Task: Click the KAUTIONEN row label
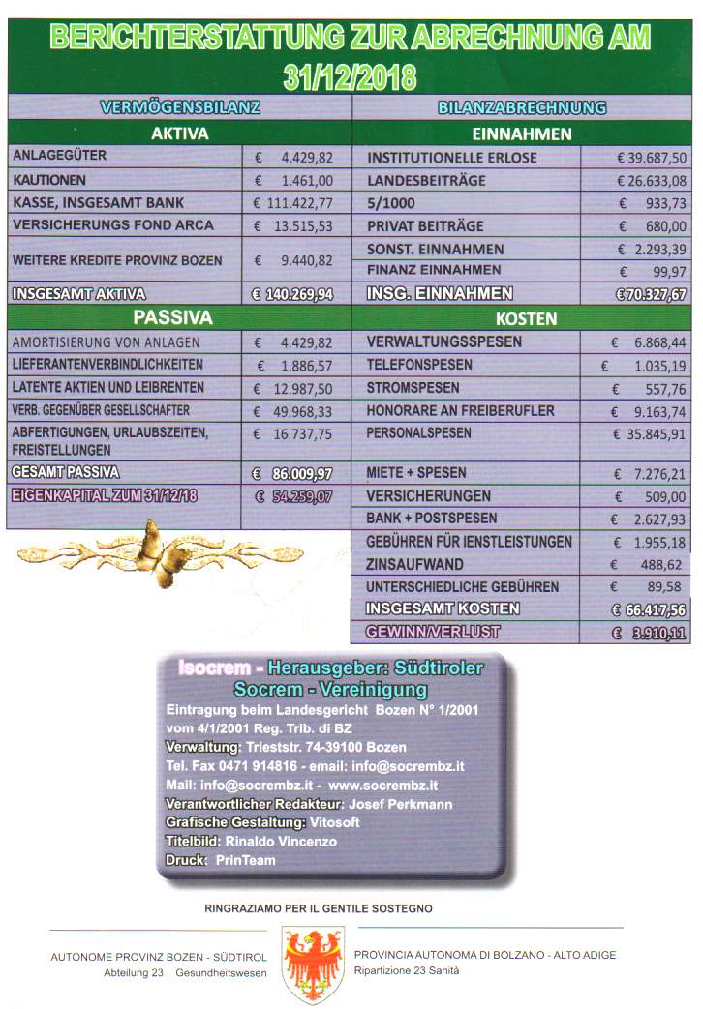click(50, 180)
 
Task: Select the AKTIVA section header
click(179, 133)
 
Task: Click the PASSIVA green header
click(179, 317)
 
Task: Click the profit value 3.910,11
click(650, 633)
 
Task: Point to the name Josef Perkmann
click(402, 804)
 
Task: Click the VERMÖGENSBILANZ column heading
click(179, 108)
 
